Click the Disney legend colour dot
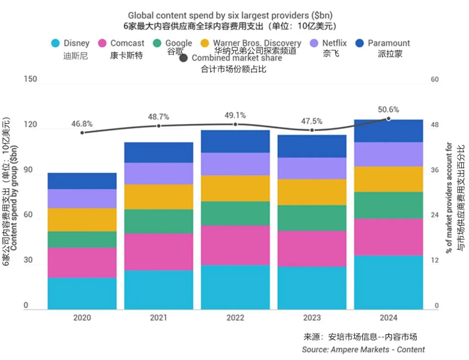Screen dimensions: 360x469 [55, 43]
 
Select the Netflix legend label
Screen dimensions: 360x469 [334, 43]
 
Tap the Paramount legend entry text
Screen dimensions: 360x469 [389, 43]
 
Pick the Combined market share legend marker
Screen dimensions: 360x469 [183, 58]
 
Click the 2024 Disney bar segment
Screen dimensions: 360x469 [388, 282]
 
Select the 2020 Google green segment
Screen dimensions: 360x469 [82, 239]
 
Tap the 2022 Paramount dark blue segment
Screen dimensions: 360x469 [235, 141]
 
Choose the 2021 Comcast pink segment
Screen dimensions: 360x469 [159, 252]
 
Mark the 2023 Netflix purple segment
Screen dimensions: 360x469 [312, 168]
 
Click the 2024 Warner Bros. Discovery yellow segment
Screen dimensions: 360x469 [388, 179]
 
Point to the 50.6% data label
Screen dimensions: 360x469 [388, 109]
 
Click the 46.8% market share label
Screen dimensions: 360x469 [82, 124]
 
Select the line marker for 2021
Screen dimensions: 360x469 [159, 126]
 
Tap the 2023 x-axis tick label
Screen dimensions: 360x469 [312, 318]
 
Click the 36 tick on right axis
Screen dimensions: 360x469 [434, 170]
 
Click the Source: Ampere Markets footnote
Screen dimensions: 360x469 [363, 349]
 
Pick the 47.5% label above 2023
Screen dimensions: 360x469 [312, 121]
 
